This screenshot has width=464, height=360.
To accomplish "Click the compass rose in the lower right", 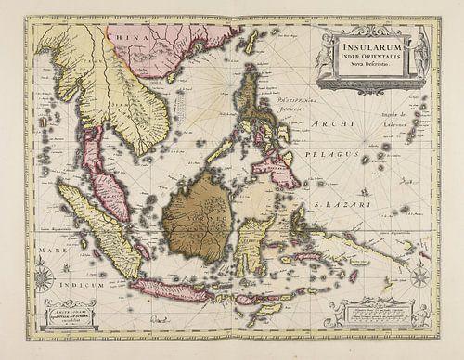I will point(419,276).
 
